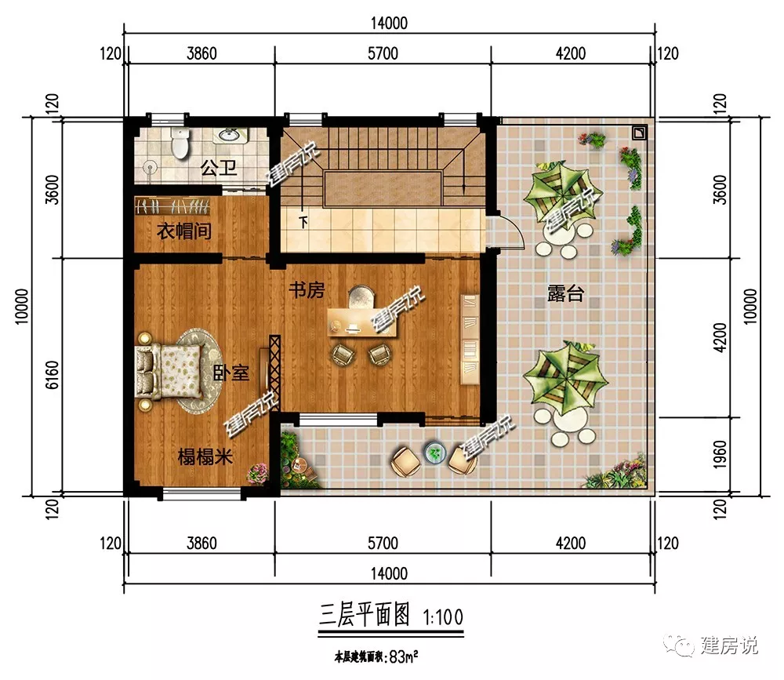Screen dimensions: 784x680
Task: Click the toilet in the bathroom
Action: [x=180, y=143]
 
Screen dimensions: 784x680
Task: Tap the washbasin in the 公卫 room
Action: [x=230, y=135]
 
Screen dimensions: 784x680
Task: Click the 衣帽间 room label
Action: [x=184, y=231]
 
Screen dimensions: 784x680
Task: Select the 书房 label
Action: [x=307, y=289]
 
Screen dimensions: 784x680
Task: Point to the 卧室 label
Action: [x=230, y=373]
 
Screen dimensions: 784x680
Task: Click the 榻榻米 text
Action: [x=205, y=456]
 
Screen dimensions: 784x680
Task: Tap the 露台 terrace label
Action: [x=565, y=293]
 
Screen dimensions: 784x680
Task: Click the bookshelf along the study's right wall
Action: [x=470, y=340]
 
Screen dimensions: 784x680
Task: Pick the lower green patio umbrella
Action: [x=565, y=378]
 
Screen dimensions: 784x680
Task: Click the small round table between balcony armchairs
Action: [x=435, y=453]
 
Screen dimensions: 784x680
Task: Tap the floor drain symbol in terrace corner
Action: [x=639, y=133]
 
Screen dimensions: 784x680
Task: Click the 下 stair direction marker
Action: [x=303, y=222]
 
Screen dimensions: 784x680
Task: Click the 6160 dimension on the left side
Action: [x=52, y=375]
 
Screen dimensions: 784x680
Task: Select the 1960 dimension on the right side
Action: [x=720, y=454]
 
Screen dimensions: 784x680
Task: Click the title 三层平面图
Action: [x=365, y=615]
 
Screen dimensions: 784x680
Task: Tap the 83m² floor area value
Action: [x=404, y=656]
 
